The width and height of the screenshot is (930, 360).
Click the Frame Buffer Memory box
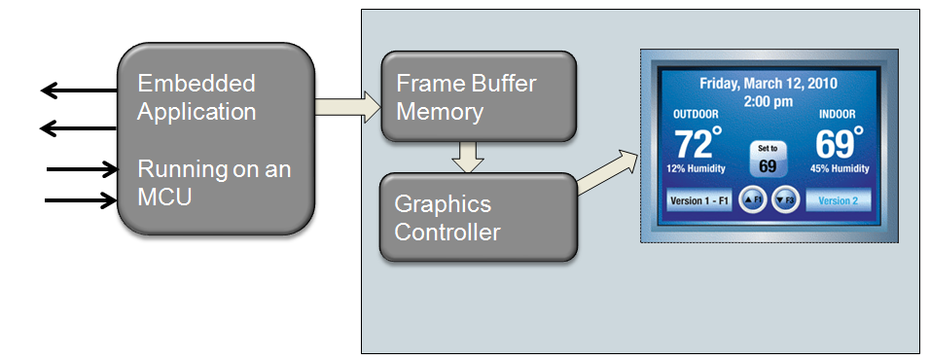pos(477,97)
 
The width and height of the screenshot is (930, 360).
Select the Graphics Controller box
pos(477,217)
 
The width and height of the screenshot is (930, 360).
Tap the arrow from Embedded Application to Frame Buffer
pos(345,100)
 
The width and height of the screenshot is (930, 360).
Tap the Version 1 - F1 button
pos(699,201)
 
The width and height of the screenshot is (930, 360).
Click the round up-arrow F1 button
pos(751,201)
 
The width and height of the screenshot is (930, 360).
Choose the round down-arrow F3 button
pos(784,201)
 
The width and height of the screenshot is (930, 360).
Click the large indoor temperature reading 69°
pos(839,144)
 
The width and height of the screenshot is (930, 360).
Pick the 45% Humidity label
pos(839,169)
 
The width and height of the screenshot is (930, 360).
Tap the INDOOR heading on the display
pos(837,115)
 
